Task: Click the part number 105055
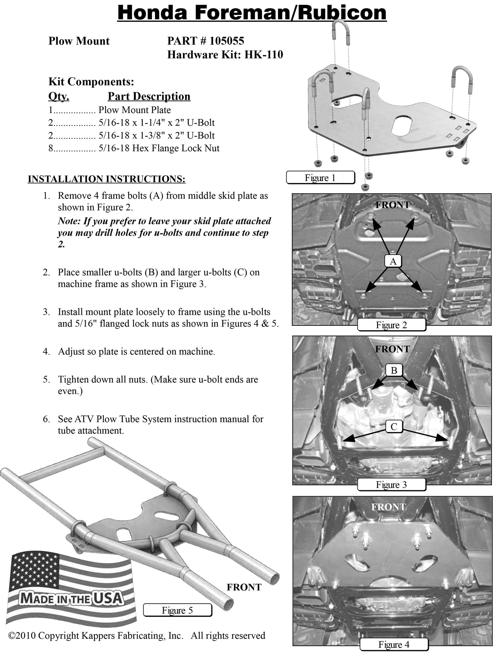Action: point(227,41)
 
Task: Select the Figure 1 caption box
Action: point(320,178)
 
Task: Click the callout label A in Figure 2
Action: point(393,262)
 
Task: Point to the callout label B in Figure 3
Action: point(394,370)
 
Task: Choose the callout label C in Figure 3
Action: point(394,427)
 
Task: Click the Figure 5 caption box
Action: point(177,610)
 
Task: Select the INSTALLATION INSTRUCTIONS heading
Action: point(106,179)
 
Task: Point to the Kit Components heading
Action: point(91,82)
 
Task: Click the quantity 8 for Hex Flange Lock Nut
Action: point(51,149)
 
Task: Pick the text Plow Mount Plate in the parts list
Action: point(134,110)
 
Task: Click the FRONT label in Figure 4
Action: point(388,507)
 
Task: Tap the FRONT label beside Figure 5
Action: point(244,587)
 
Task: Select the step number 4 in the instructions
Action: point(46,352)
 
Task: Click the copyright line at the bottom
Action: point(137,635)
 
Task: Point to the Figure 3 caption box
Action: point(391,485)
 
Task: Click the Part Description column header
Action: point(149,96)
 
